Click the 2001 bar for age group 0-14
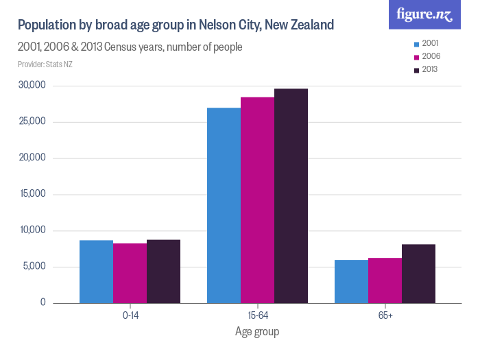tap(96, 272)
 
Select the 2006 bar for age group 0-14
tap(130, 273)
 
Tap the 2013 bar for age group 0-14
tap(163, 271)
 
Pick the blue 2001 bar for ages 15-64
tap(224, 205)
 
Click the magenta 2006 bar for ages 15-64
tap(257, 200)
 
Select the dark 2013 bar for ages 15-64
tap(291, 196)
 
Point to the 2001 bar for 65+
tap(351, 281)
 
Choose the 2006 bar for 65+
tap(385, 280)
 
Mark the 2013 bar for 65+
tap(418, 274)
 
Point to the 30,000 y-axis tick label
tap(32, 86)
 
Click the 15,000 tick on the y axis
tap(32, 194)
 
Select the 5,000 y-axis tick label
tap(34, 267)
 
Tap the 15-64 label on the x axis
tap(257, 315)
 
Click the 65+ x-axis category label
tap(385, 315)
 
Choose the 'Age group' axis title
tap(257, 331)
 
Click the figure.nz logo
tap(425, 15)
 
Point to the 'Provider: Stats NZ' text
tap(45, 64)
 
